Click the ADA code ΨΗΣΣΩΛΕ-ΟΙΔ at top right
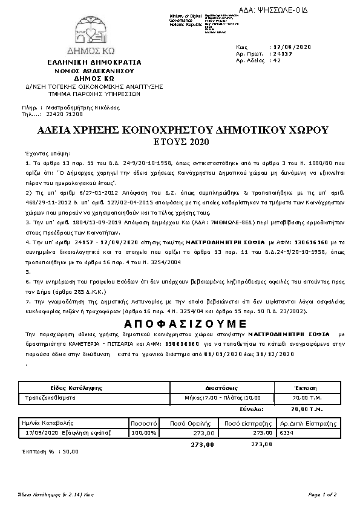[315, 10]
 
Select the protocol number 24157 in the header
[282, 53]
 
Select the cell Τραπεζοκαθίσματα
[48, 398]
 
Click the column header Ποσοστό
[144, 423]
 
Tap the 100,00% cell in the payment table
[144, 433]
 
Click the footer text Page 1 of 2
[322, 494]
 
